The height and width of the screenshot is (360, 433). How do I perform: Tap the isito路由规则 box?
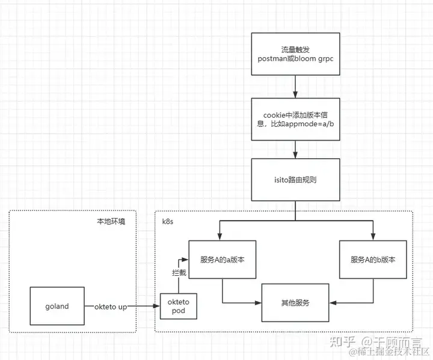tap(295, 180)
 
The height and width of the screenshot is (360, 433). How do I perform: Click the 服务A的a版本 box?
tap(223, 260)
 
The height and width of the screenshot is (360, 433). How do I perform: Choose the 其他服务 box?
tap(295, 303)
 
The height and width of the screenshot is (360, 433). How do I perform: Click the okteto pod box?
tap(178, 307)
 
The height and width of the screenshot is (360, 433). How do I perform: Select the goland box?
tap(57, 307)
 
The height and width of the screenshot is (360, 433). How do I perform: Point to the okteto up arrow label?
tap(111, 307)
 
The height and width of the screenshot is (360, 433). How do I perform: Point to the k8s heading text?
tap(169, 221)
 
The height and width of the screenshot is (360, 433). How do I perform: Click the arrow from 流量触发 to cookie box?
tap(295, 87)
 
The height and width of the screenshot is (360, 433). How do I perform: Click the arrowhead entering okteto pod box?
tap(156, 307)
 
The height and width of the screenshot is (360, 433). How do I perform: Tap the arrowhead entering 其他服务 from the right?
tap(332, 303)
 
